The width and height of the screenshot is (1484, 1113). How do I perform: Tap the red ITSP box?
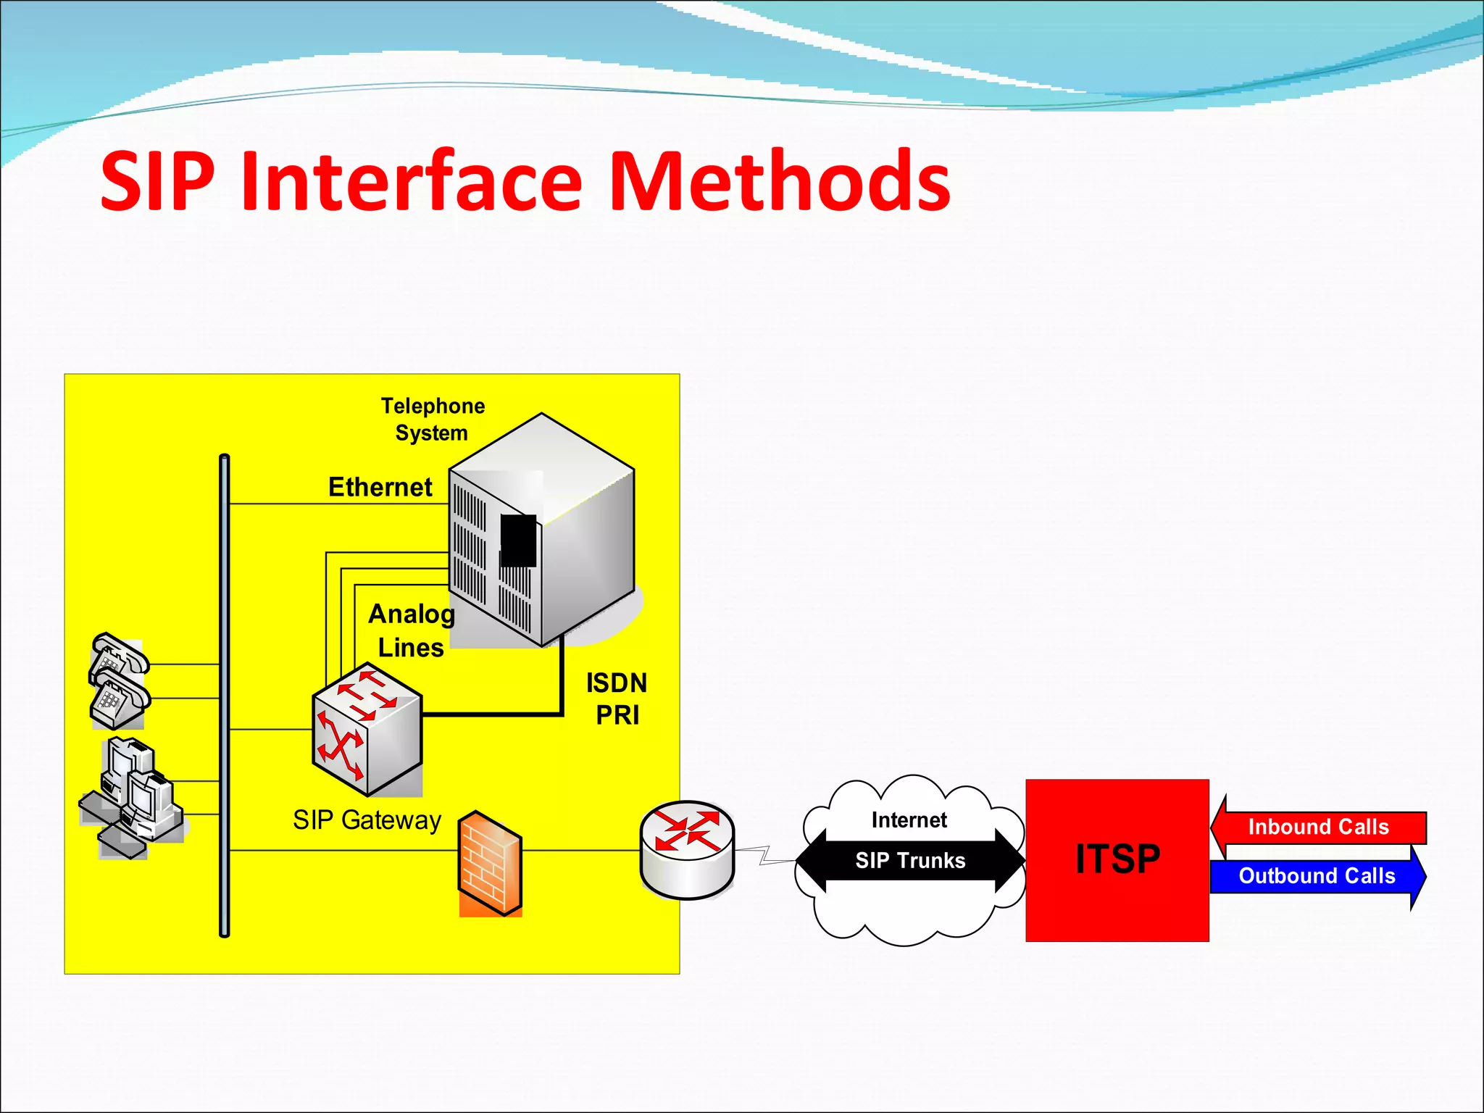[1117, 860]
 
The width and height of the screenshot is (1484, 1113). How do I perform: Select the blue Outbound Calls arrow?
[1317, 876]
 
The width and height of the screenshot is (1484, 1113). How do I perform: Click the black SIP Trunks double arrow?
[910, 860]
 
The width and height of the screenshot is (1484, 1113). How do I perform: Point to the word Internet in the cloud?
[909, 820]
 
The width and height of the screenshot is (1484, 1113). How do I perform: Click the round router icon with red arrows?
[687, 849]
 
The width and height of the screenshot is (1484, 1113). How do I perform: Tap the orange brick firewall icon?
[491, 864]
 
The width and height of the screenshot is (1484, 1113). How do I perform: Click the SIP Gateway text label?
[367, 820]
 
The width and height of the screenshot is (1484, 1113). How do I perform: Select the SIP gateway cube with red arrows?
[367, 730]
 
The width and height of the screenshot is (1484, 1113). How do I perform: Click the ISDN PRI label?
[617, 699]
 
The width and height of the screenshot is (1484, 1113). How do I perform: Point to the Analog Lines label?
[411, 630]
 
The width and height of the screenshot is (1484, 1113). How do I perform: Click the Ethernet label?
[380, 487]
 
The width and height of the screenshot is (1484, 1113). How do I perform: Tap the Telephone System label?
[433, 419]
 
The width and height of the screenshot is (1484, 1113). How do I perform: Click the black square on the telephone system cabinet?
[518, 541]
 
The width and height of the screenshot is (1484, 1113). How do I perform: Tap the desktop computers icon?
[134, 797]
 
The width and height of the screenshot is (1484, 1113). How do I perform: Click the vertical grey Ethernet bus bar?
[225, 696]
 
